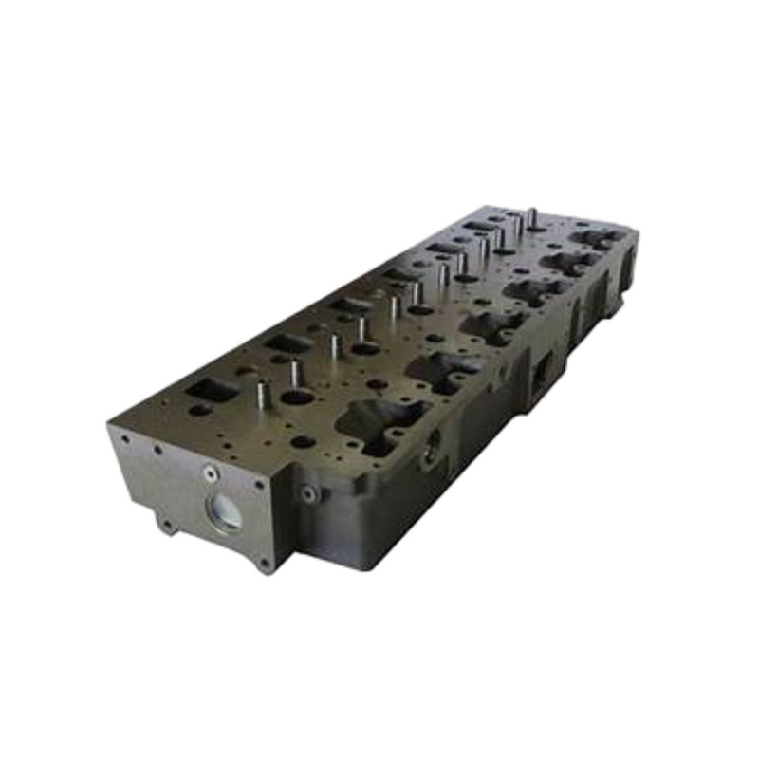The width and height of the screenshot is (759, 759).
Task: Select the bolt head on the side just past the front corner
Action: pos(307,492)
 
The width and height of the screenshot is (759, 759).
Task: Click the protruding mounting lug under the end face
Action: pos(167,523)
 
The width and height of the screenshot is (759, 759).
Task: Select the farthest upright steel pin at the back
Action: pos(532,217)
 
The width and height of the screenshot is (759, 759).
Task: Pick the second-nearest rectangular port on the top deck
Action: pos(287,342)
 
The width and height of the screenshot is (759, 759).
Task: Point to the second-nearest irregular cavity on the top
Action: pos(436,368)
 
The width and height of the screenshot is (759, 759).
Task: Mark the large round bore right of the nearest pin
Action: pos(296,397)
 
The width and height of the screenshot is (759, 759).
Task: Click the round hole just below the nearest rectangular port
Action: pos(200,410)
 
